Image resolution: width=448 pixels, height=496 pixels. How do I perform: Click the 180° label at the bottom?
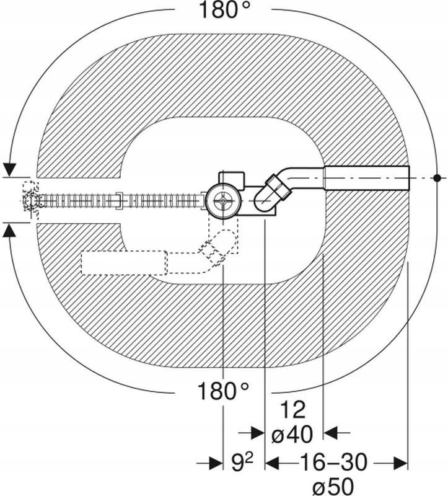click(x=223, y=391)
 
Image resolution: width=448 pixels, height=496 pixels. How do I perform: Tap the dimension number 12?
click(x=292, y=410)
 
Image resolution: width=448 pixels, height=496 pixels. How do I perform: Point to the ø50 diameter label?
click(x=333, y=485)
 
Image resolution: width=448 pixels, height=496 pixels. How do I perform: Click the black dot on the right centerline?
click(x=437, y=178)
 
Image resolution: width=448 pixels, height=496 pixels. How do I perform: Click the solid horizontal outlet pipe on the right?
click(x=367, y=178)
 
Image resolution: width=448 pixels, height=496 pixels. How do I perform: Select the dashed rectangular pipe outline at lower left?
click(x=125, y=262)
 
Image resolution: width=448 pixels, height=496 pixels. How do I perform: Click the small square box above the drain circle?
click(x=232, y=179)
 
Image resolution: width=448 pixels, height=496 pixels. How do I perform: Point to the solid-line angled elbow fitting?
click(x=273, y=193)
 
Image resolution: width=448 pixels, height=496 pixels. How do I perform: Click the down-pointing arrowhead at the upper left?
click(x=11, y=170)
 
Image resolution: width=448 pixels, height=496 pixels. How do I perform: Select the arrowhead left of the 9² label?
click(x=216, y=463)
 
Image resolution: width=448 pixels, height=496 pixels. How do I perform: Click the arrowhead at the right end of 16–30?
click(x=400, y=463)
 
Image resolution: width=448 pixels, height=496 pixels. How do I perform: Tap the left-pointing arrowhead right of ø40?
click(x=331, y=432)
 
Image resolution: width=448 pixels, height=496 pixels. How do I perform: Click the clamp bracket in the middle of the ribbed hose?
click(x=119, y=200)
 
